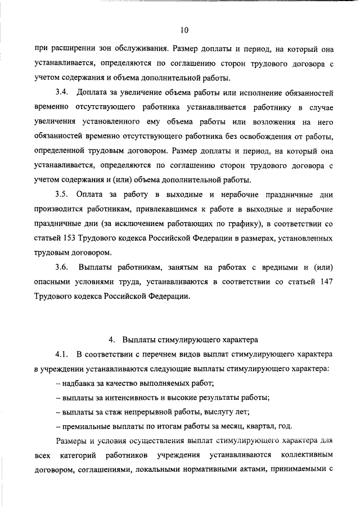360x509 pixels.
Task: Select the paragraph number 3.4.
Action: click(x=62, y=92)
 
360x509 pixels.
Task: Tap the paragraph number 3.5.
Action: click(x=62, y=195)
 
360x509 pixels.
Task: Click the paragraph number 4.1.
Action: click(x=62, y=355)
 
